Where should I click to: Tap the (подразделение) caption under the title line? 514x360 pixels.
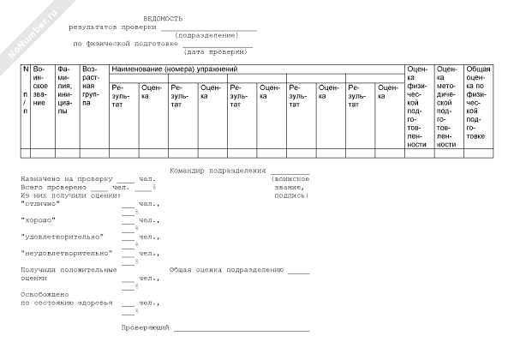206,35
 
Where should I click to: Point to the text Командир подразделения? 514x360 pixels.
218,171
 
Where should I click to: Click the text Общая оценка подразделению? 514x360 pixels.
226,269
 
